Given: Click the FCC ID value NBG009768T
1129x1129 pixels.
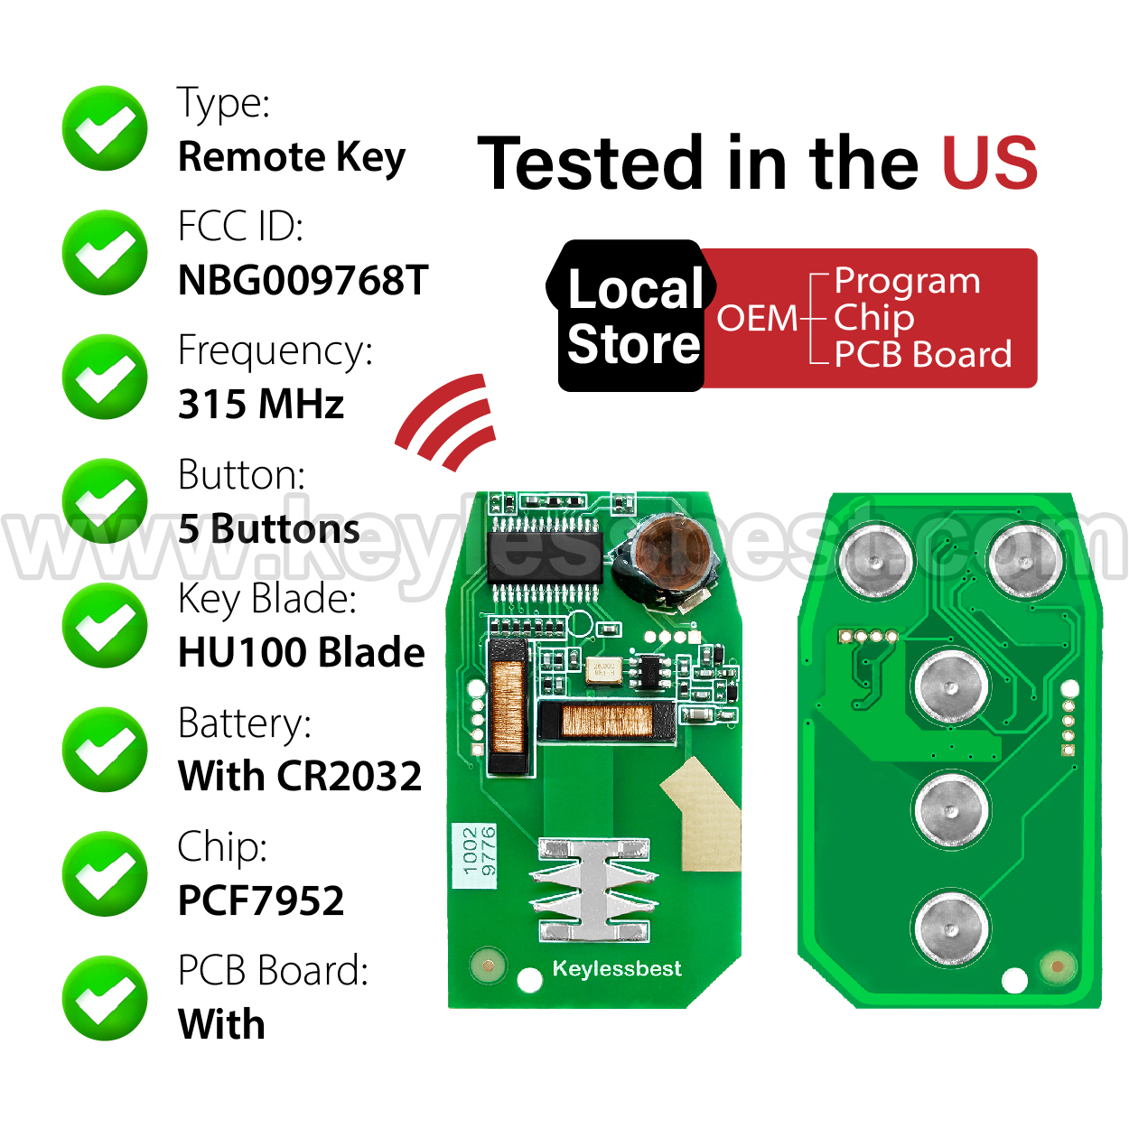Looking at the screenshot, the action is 303,280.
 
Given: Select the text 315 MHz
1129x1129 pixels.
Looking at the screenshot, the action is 261,405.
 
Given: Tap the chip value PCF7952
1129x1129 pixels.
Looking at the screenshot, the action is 261,900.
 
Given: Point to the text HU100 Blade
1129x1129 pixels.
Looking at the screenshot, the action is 301,652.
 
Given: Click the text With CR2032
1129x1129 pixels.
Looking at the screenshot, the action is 299,776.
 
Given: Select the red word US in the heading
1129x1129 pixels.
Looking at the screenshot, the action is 990,163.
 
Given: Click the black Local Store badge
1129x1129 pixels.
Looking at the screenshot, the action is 631,315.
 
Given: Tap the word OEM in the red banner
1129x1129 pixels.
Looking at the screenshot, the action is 757,318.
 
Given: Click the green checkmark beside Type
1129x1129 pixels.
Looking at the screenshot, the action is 105,128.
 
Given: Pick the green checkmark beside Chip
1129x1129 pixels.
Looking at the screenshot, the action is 105,873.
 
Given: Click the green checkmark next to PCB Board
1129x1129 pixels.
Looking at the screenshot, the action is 105,998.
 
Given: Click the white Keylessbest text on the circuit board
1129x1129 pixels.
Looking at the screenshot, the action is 617,968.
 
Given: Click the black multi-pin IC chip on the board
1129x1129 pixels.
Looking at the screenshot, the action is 545,558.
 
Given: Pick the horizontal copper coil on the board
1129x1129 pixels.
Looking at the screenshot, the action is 607,721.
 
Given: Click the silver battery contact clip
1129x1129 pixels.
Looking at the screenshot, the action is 593,890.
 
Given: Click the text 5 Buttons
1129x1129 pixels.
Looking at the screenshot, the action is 269,528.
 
